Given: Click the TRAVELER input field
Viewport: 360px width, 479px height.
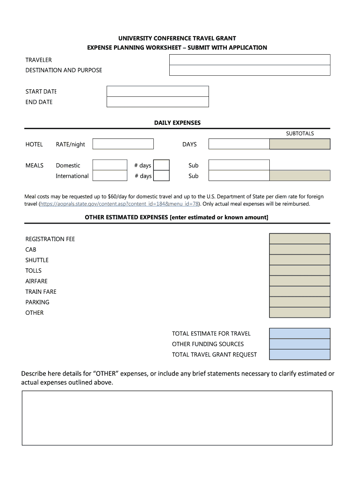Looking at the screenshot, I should click(x=250, y=60).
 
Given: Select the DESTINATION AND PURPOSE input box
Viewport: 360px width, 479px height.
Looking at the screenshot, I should click(x=250, y=70).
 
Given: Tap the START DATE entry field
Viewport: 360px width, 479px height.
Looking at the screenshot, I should click(x=158, y=91).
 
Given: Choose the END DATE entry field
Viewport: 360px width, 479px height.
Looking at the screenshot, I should click(x=158, y=102).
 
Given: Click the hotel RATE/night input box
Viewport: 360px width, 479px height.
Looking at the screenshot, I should click(x=123, y=144).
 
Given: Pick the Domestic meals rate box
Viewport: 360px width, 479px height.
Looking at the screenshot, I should click(x=110, y=165).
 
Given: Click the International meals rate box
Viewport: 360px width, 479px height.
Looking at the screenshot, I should click(x=110, y=176).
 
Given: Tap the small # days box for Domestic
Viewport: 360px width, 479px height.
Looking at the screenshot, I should click(x=161, y=165).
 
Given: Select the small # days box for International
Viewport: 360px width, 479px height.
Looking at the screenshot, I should click(x=161, y=176).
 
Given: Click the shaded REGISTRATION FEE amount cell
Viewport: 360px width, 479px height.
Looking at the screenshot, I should click(x=300, y=239).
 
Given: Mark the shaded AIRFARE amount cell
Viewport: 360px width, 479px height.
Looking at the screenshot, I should click(x=300, y=281).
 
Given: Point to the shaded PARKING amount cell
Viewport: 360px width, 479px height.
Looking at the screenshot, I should click(x=300, y=302).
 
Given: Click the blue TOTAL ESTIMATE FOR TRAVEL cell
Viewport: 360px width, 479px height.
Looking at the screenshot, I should click(x=300, y=334).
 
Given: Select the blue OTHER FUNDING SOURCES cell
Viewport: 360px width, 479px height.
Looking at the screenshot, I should click(x=300, y=344).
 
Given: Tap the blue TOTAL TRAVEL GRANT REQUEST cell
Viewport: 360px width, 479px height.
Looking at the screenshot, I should click(x=300, y=355).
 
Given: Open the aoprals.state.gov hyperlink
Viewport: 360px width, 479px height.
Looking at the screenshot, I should click(x=120, y=204).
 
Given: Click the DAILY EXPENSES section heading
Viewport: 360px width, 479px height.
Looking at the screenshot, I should click(x=177, y=123).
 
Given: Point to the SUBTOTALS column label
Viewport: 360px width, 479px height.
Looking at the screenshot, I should click(x=300, y=134).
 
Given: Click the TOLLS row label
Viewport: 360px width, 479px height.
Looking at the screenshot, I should click(x=33, y=271).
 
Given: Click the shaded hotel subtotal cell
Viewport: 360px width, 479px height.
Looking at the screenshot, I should click(x=300, y=144).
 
